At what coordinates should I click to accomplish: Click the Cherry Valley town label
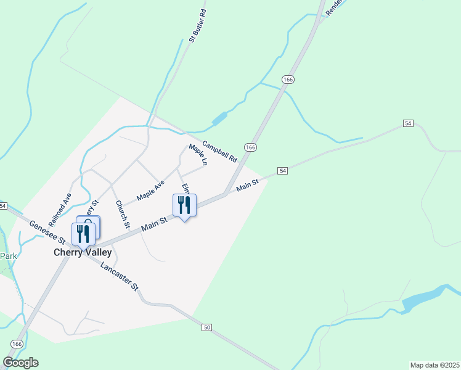tap(82, 252)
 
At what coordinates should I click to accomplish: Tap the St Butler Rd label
tap(197, 26)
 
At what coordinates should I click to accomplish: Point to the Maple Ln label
tap(198, 155)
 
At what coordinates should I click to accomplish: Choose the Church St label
tap(122, 213)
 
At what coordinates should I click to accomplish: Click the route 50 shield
tap(206, 327)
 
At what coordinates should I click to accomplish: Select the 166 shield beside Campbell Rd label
tap(250, 147)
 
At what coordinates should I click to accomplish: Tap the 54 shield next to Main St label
tap(282, 170)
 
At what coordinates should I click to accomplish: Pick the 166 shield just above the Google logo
tap(17, 343)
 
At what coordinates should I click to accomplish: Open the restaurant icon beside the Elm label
tap(184, 205)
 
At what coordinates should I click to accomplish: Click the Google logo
tap(20, 363)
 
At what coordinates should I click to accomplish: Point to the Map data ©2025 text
tap(434, 364)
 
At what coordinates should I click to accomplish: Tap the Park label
tap(7, 255)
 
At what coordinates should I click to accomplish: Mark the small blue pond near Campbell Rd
tap(219, 118)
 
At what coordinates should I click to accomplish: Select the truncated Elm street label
tap(184, 187)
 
